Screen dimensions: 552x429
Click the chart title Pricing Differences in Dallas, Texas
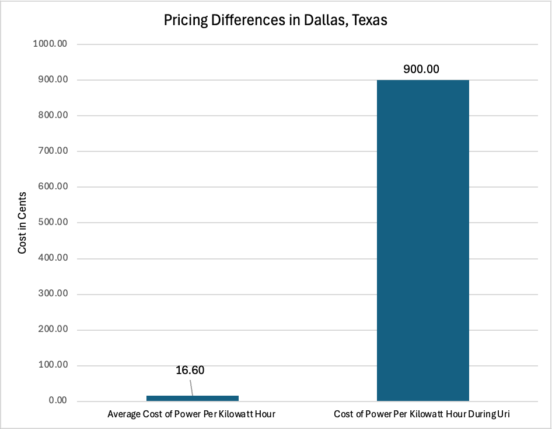point(275,20)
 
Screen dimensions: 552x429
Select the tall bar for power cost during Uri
point(423,240)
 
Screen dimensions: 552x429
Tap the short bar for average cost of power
point(193,399)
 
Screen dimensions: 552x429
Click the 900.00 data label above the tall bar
point(421,69)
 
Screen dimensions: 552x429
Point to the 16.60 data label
point(190,370)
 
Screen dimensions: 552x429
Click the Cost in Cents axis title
point(22,223)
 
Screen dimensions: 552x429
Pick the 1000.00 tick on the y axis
point(50,44)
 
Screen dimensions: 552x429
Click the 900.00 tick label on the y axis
point(53,79)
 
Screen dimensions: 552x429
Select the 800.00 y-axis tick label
point(53,115)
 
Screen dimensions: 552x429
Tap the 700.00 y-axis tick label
point(53,151)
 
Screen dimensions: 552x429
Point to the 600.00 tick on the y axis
point(53,186)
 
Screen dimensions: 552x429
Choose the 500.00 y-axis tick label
point(53,222)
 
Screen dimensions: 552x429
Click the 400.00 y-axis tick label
point(53,258)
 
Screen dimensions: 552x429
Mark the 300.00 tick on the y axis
point(53,293)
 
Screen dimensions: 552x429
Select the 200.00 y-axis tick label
point(53,329)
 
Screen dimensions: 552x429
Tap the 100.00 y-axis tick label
point(53,365)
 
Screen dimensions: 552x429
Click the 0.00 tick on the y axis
point(58,400)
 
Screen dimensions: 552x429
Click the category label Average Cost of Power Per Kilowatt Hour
point(191,414)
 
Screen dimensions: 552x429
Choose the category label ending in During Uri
point(422,414)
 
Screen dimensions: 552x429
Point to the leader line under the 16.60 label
point(191,388)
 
